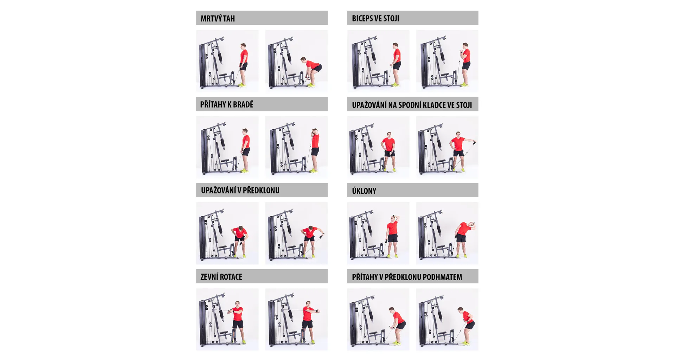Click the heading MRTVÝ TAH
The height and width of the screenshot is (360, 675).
[x=218, y=18]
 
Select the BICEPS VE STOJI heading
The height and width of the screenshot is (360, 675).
[x=375, y=18]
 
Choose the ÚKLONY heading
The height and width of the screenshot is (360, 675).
[x=364, y=191]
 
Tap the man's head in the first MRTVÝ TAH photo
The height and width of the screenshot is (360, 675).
[x=243, y=47]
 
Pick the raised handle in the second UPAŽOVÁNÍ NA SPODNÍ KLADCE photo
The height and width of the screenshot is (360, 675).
[x=474, y=142]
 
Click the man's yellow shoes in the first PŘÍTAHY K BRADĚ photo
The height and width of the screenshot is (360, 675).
[x=244, y=171]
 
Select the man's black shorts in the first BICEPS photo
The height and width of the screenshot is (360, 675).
[x=397, y=66]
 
